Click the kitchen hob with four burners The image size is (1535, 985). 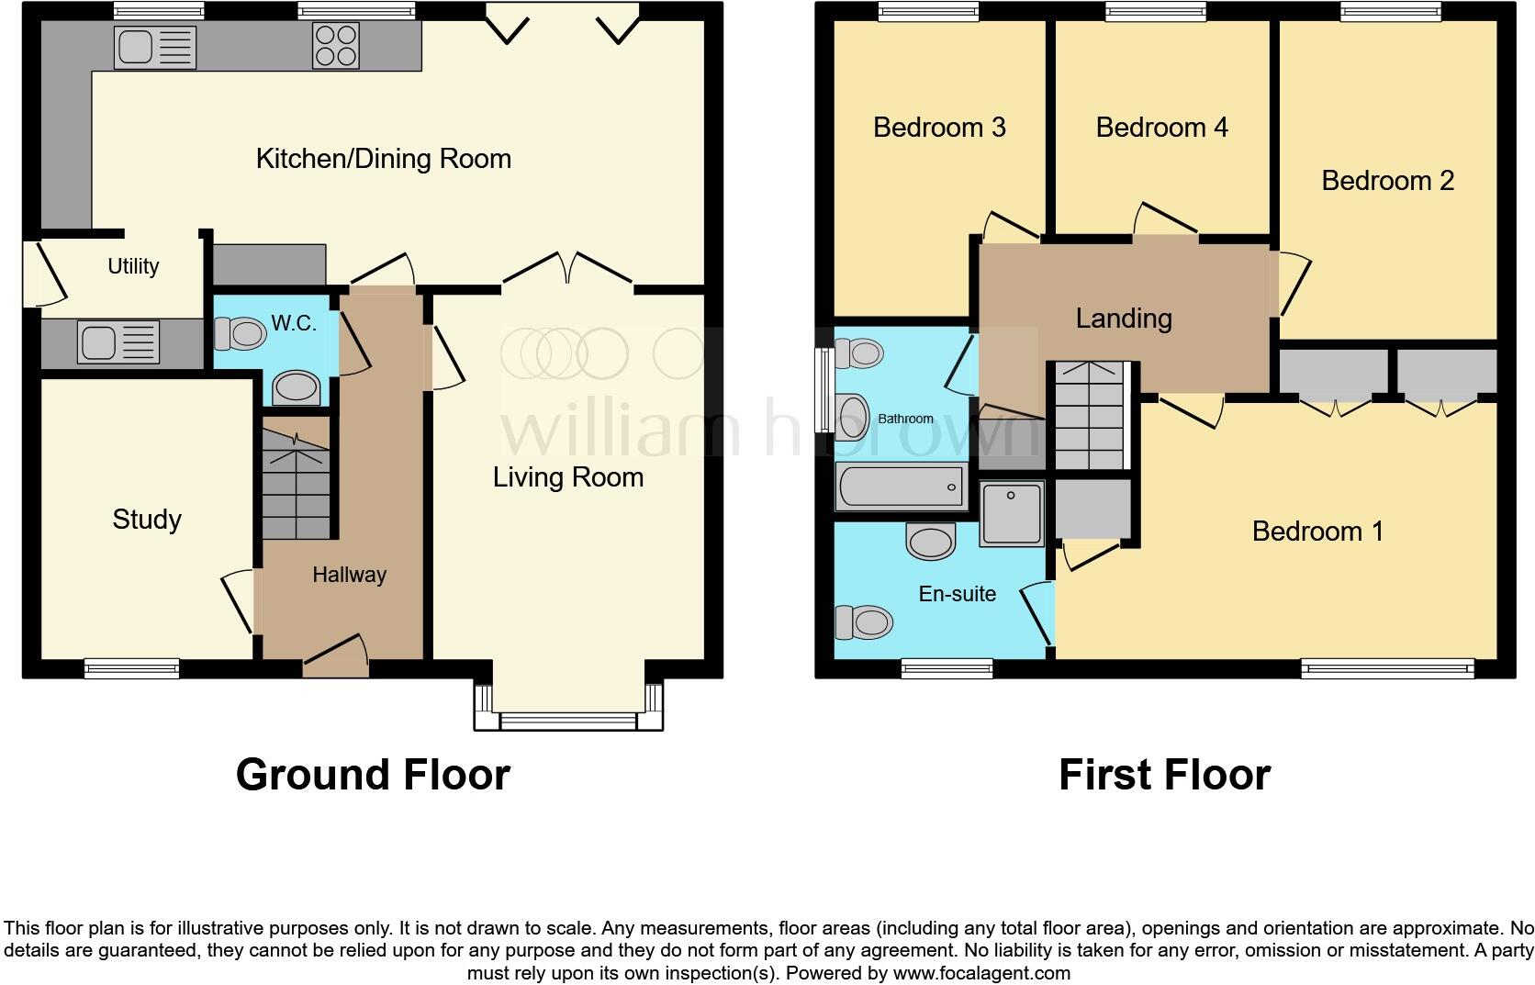coord(336,46)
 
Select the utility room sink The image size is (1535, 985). coord(119,342)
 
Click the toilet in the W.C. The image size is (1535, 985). coord(240,332)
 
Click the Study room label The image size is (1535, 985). coord(147,520)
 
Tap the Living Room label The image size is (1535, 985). coord(567,477)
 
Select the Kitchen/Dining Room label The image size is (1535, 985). coord(383,159)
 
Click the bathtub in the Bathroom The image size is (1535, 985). coord(901,487)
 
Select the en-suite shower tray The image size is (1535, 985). coord(1012,512)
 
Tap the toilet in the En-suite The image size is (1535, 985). coord(863,622)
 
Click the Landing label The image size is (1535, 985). coord(1123,319)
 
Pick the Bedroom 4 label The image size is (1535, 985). coord(1161,127)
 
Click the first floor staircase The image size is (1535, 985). coord(1090,418)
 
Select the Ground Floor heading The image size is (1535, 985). coord(373,775)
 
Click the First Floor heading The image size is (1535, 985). coord(1164,775)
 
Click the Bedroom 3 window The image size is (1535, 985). coord(928,12)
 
